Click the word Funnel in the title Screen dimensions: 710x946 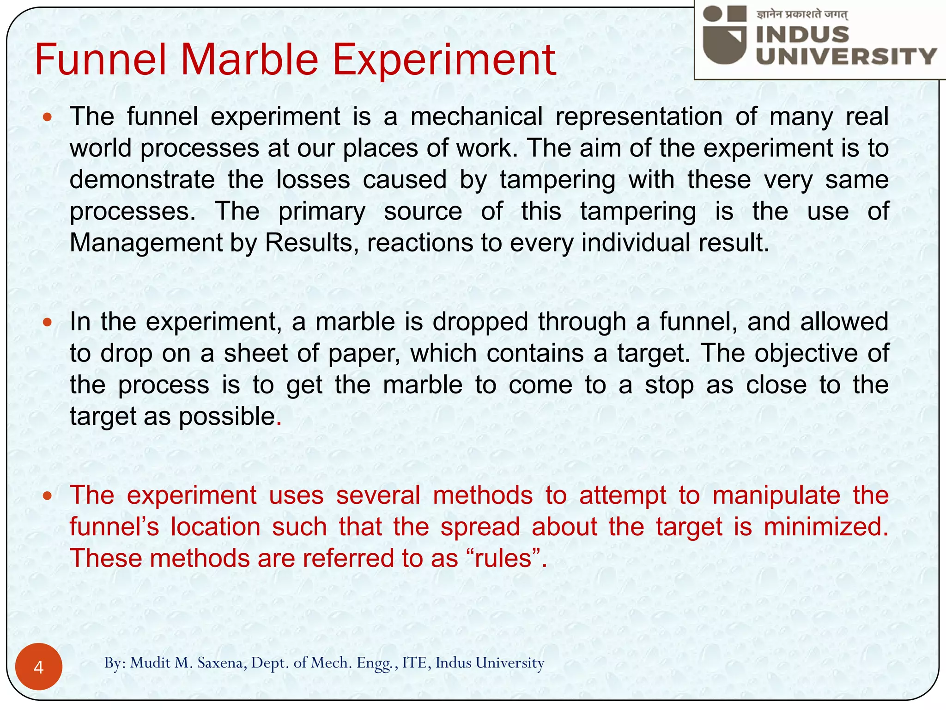coord(100,60)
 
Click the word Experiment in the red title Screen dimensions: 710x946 coord(444,60)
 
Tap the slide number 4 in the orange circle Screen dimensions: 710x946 coord(39,667)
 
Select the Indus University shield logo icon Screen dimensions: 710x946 coord(725,35)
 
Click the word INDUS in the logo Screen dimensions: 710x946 coord(803,35)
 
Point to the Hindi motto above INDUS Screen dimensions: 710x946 coord(802,14)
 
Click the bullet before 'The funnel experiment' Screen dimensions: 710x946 coord(47,117)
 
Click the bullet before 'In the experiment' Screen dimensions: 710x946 coord(47,322)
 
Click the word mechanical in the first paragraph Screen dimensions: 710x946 coord(476,116)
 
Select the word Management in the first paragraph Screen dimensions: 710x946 coord(146,242)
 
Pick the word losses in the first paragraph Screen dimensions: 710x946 coord(313,179)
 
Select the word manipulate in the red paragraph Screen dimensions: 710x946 coord(776,496)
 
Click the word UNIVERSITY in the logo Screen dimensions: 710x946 coord(846,56)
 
